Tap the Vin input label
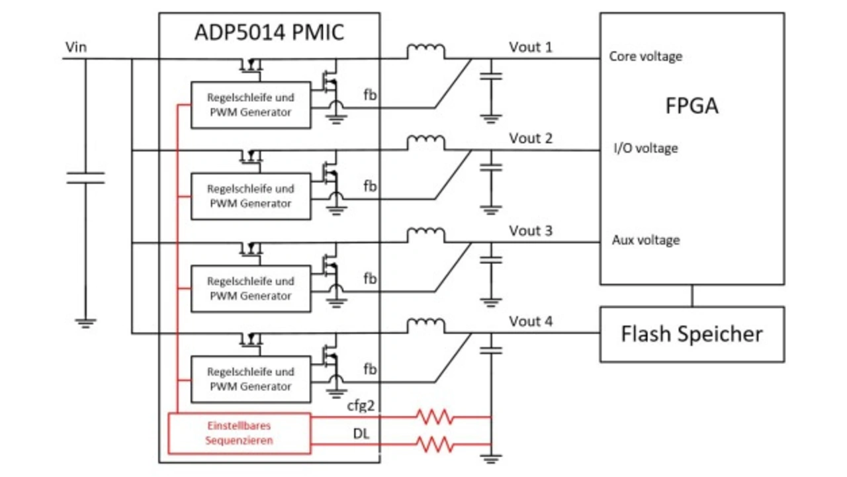76,47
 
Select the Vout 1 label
531,47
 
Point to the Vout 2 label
531,138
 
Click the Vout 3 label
531,231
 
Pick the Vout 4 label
531,322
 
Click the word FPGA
691,106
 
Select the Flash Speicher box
691,334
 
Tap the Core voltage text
645,56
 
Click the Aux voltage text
645,240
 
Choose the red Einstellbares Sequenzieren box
239,433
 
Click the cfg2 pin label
361,406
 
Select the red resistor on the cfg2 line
433,417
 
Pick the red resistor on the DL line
433,443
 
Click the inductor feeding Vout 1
425,52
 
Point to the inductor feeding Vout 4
425,325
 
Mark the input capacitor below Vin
85,177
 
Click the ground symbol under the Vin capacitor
85,322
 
